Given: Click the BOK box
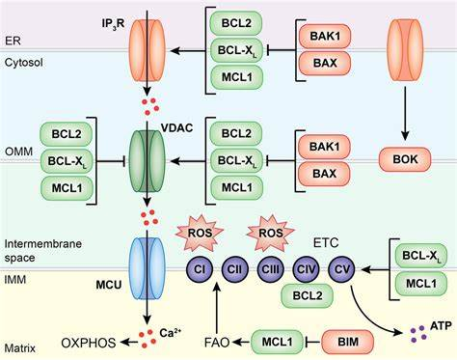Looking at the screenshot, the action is [x=405, y=159].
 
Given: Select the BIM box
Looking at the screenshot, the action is [x=348, y=342].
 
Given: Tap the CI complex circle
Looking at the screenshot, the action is [x=200, y=269].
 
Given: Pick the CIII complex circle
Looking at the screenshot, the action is [x=271, y=269].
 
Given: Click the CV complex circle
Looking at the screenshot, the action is [x=341, y=269].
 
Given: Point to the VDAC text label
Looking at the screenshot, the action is [x=176, y=127].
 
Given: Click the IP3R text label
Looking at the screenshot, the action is [x=113, y=24].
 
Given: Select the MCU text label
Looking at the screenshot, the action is [x=109, y=285].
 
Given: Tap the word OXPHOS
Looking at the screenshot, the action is [x=89, y=343].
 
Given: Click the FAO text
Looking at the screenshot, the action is [x=217, y=343].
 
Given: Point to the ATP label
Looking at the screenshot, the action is [x=441, y=326].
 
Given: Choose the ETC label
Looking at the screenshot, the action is [x=326, y=242].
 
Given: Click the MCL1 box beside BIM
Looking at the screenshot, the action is [x=277, y=342].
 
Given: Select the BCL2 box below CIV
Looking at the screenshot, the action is [x=308, y=295].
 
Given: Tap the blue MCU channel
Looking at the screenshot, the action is [x=147, y=268].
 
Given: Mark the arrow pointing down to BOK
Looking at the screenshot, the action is [x=405, y=114].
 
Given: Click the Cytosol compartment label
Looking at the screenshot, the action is [x=23, y=63].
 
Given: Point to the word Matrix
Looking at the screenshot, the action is [x=20, y=348].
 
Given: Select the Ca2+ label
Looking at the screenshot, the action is [x=170, y=333].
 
